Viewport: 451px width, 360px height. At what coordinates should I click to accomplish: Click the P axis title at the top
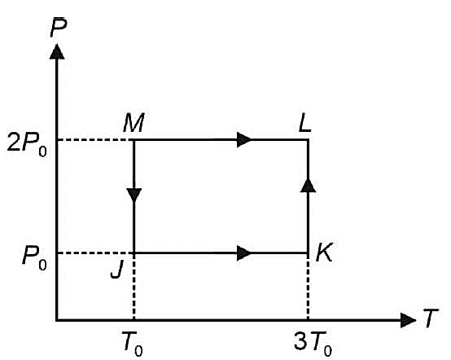[x=59, y=28]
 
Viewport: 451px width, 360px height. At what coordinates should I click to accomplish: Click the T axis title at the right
[x=430, y=318]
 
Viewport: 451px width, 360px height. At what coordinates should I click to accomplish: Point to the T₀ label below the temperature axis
[x=133, y=344]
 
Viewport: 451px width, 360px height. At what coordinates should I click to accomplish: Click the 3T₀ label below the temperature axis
[x=313, y=344]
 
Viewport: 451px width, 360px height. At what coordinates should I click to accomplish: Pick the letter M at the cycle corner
[x=134, y=123]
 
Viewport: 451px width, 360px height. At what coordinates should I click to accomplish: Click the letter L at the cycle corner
[x=305, y=123]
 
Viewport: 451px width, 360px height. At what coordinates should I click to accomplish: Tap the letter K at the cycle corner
[x=325, y=252]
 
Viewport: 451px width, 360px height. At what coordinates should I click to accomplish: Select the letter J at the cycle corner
[x=116, y=270]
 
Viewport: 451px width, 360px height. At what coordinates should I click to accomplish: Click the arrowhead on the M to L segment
[x=244, y=139]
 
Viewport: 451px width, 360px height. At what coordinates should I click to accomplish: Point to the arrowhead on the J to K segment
[x=244, y=253]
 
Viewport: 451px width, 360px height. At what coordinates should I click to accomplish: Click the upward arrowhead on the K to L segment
[x=308, y=185]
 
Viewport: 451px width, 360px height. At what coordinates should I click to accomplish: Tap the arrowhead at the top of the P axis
[x=57, y=51]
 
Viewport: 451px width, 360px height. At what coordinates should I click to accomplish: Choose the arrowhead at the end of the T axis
[x=408, y=320]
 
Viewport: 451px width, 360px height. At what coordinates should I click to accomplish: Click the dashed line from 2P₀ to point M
[x=96, y=140]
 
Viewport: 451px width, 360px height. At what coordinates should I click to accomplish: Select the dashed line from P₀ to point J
[x=96, y=253]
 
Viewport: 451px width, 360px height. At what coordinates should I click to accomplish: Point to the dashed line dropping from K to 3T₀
[x=308, y=287]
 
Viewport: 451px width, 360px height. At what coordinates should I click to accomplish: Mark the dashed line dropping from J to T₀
[x=134, y=287]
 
